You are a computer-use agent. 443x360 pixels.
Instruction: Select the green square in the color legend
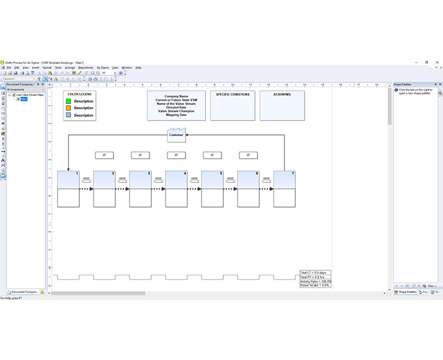(x=69, y=101)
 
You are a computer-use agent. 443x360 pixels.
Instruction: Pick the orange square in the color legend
(x=69, y=108)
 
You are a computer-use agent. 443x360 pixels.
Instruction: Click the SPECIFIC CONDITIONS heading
(x=233, y=95)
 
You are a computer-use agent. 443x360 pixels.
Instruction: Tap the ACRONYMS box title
(x=282, y=95)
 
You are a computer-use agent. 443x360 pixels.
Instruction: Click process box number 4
(x=176, y=180)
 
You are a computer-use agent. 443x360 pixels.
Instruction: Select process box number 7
(x=284, y=180)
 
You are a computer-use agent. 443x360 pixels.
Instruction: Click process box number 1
(x=68, y=180)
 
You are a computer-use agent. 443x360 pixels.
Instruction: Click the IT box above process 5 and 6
(x=212, y=155)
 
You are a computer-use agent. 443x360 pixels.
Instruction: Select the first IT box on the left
(x=104, y=155)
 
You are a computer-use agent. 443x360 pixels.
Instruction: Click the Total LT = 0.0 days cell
(x=315, y=272)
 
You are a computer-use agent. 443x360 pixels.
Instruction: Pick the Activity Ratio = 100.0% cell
(x=315, y=281)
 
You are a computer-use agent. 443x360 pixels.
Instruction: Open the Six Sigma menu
(x=102, y=68)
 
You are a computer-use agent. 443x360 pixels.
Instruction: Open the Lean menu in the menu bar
(x=115, y=68)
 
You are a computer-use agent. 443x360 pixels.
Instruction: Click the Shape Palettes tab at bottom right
(x=408, y=291)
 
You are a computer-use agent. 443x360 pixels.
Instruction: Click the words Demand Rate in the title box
(x=176, y=108)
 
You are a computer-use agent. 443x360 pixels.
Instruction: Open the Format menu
(x=47, y=68)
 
